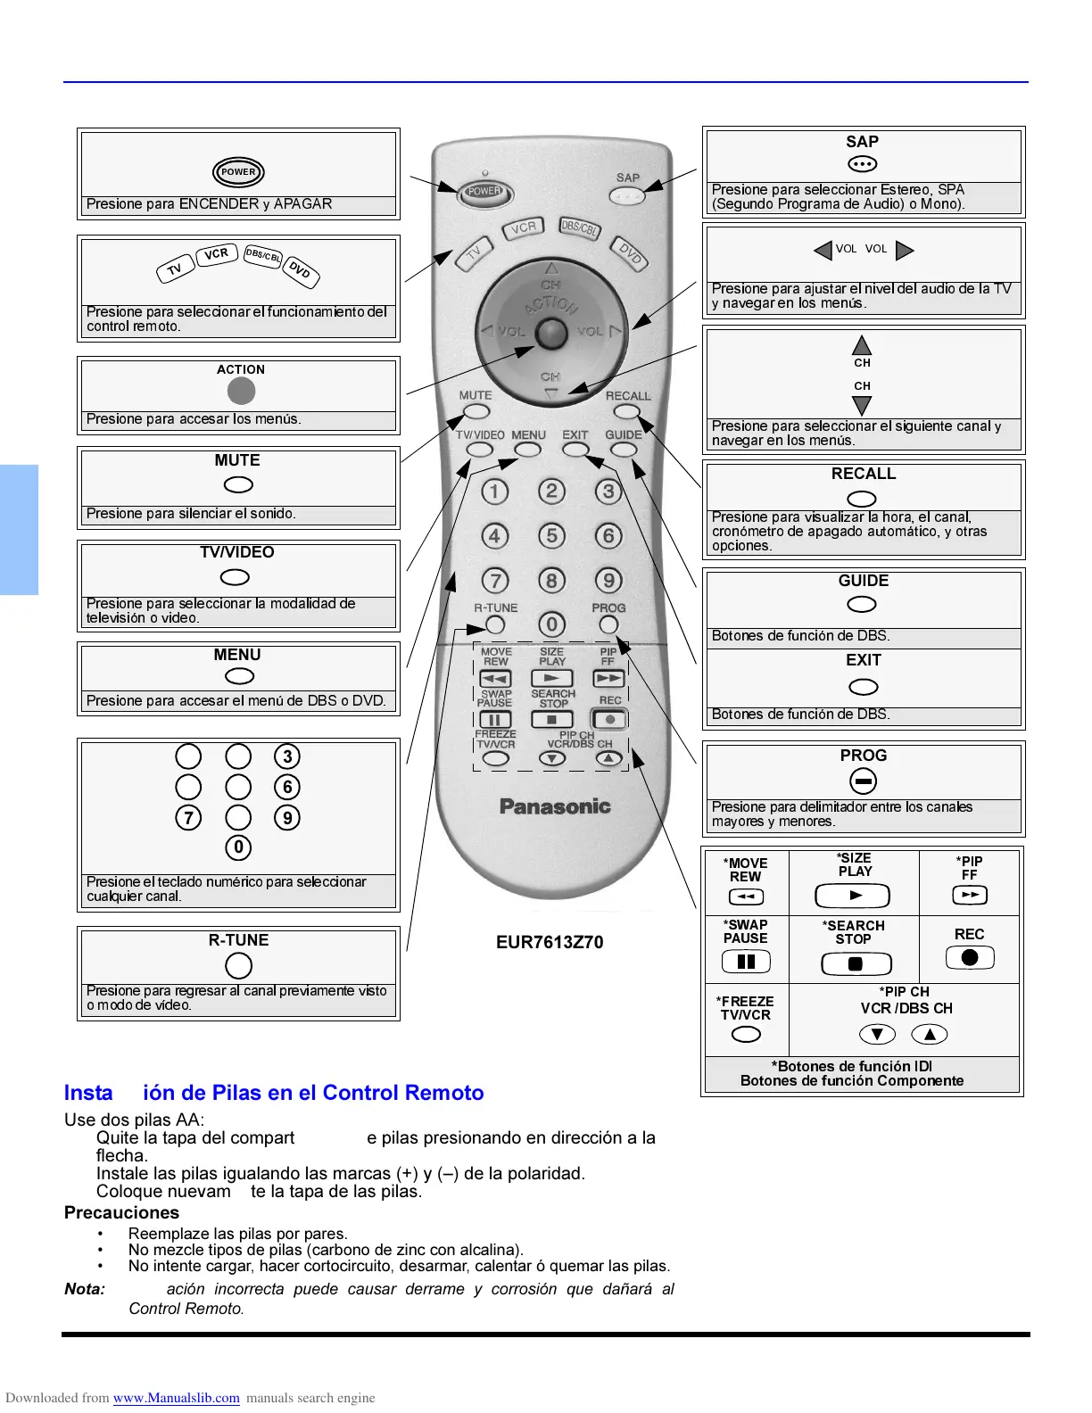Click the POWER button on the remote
tap(484, 192)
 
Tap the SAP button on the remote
tap(630, 194)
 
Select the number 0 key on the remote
tap(551, 624)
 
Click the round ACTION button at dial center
tap(550, 334)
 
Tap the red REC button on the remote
tap(609, 719)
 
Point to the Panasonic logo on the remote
tap(555, 806)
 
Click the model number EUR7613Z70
tap(550, 943)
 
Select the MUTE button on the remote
tap(476, 411)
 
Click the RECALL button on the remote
tap(627, 411)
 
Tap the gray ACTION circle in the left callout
tap(241, 391)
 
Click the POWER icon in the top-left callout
tap(238, 172)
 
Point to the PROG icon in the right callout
tap(863, 781)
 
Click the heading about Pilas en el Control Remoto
tap(274, 1093)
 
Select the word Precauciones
tap(121, 1212)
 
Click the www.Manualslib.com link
tap(176, 1398)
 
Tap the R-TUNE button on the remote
tap(495, 625)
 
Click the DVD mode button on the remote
tap(631, 255)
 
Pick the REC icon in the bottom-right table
tap(970, 958)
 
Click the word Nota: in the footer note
tap(85, 1289)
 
